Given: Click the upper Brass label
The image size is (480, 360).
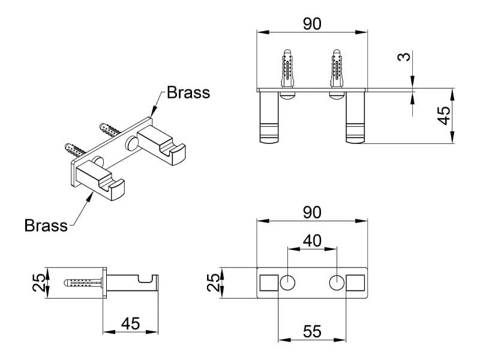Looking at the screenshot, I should click(x=188, y=92).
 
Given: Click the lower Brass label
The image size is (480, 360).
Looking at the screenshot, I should click(x=46, y=226).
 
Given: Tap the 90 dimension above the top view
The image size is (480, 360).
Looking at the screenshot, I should click(x=312, y=23).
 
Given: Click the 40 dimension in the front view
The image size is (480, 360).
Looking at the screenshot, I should click(x=313, y=241).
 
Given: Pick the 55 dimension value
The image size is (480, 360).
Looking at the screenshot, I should click(x=313, y=331).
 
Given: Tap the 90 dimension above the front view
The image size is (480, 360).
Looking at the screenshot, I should click(x=312, y=212).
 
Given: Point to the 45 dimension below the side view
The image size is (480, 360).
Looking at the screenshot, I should click(x=130, y=323).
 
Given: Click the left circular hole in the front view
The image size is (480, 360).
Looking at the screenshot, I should click(x=289, y=282).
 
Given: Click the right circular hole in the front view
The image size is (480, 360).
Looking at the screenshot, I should click(x=337, y=282).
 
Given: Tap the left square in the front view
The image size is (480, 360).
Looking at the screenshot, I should click(x=268, y=282).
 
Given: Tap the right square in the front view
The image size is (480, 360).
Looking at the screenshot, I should click(x=356, y=282).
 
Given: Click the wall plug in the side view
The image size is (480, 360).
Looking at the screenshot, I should click(x=84, y=282).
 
